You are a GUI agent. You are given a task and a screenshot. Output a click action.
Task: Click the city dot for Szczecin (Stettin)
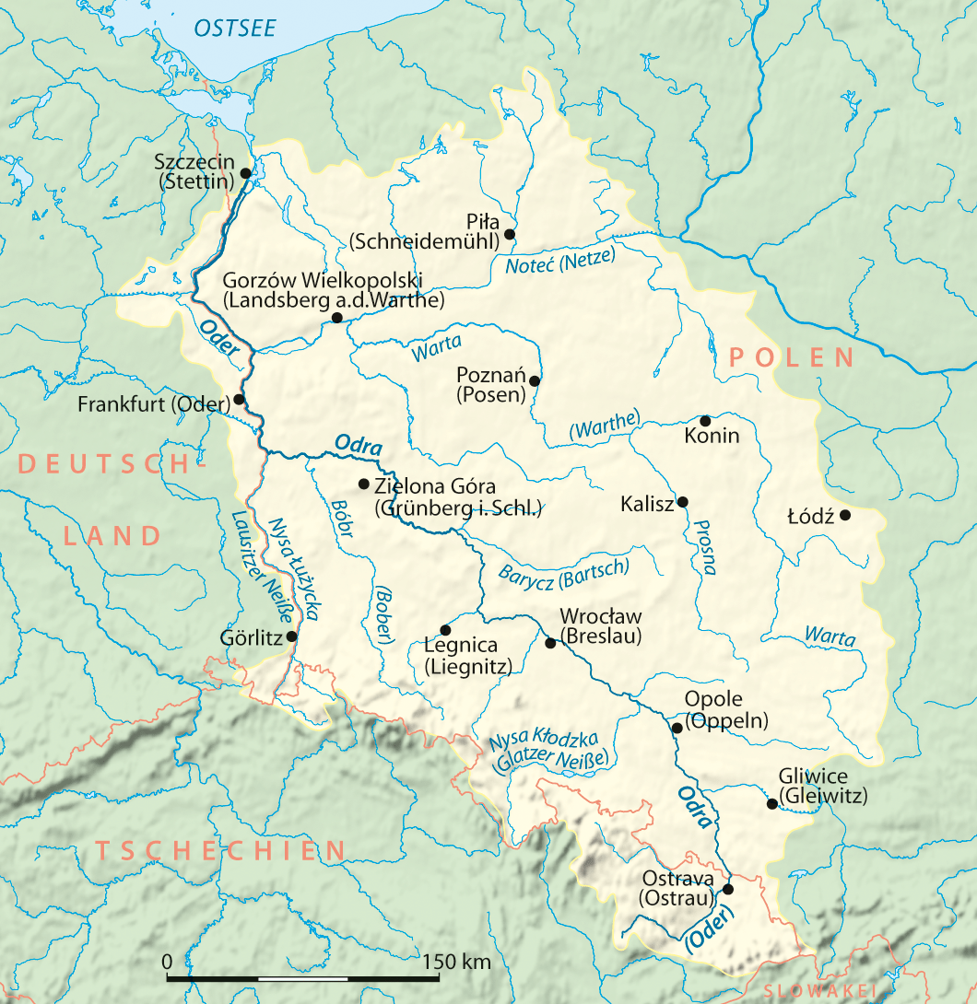click(x=245, y=172)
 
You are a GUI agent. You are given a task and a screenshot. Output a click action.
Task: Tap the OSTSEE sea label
click(x=234, y=28)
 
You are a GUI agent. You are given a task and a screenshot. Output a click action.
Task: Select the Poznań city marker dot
click(x=534, y=379)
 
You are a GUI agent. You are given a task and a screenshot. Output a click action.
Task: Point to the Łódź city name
click(x=811, y=517)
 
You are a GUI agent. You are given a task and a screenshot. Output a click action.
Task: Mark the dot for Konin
click(x=705, y=420)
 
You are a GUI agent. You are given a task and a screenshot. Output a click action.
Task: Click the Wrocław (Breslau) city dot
click(x=551, y=643)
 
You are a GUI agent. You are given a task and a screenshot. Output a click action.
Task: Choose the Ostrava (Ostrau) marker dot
click(x=728, y=889)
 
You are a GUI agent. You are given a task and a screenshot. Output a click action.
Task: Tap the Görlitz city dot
click(x=292, y=636)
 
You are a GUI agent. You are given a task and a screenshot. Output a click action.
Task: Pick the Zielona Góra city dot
click(x=363, y=484)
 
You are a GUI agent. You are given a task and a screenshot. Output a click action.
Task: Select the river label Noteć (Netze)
click(x=559, y=263)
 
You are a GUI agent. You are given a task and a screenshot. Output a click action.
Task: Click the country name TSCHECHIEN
click(x=221, y=850)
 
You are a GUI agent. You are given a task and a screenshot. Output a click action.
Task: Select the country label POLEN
click(x=792, y=357)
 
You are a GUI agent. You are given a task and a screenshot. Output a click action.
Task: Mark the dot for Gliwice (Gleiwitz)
click(x=771, y=803)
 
